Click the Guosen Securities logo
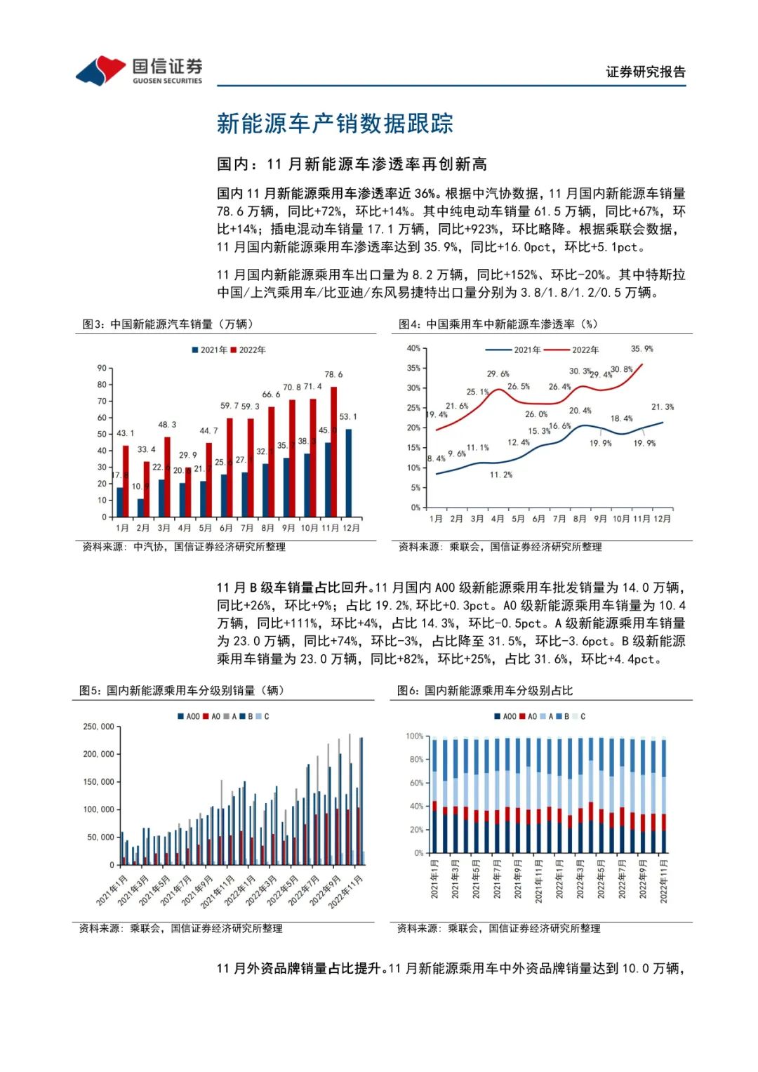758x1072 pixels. click(138, 71)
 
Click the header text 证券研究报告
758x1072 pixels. click(646, 72)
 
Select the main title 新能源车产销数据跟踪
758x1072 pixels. click(335, 124)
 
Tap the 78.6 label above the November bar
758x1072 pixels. click(333, 375)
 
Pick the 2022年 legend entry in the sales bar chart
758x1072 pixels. click(248, 350)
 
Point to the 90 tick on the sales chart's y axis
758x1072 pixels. click(102, 368)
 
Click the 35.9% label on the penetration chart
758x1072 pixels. click(641, 349)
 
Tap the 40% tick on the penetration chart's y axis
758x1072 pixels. click(413, 348)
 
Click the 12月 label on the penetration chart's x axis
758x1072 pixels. click(662, 519)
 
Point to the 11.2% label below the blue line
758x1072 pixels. click(501, 475)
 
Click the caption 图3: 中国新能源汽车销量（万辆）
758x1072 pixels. click(168, 324)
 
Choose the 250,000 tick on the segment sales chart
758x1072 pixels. click(99, 727)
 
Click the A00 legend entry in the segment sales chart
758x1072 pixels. click(189, 717)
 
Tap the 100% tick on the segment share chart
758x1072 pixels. click(415, 736)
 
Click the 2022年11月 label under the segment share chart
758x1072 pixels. click(663, 881)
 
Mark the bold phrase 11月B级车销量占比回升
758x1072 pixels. click(293, 588)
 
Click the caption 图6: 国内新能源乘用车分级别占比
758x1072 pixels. click(485, 690)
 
